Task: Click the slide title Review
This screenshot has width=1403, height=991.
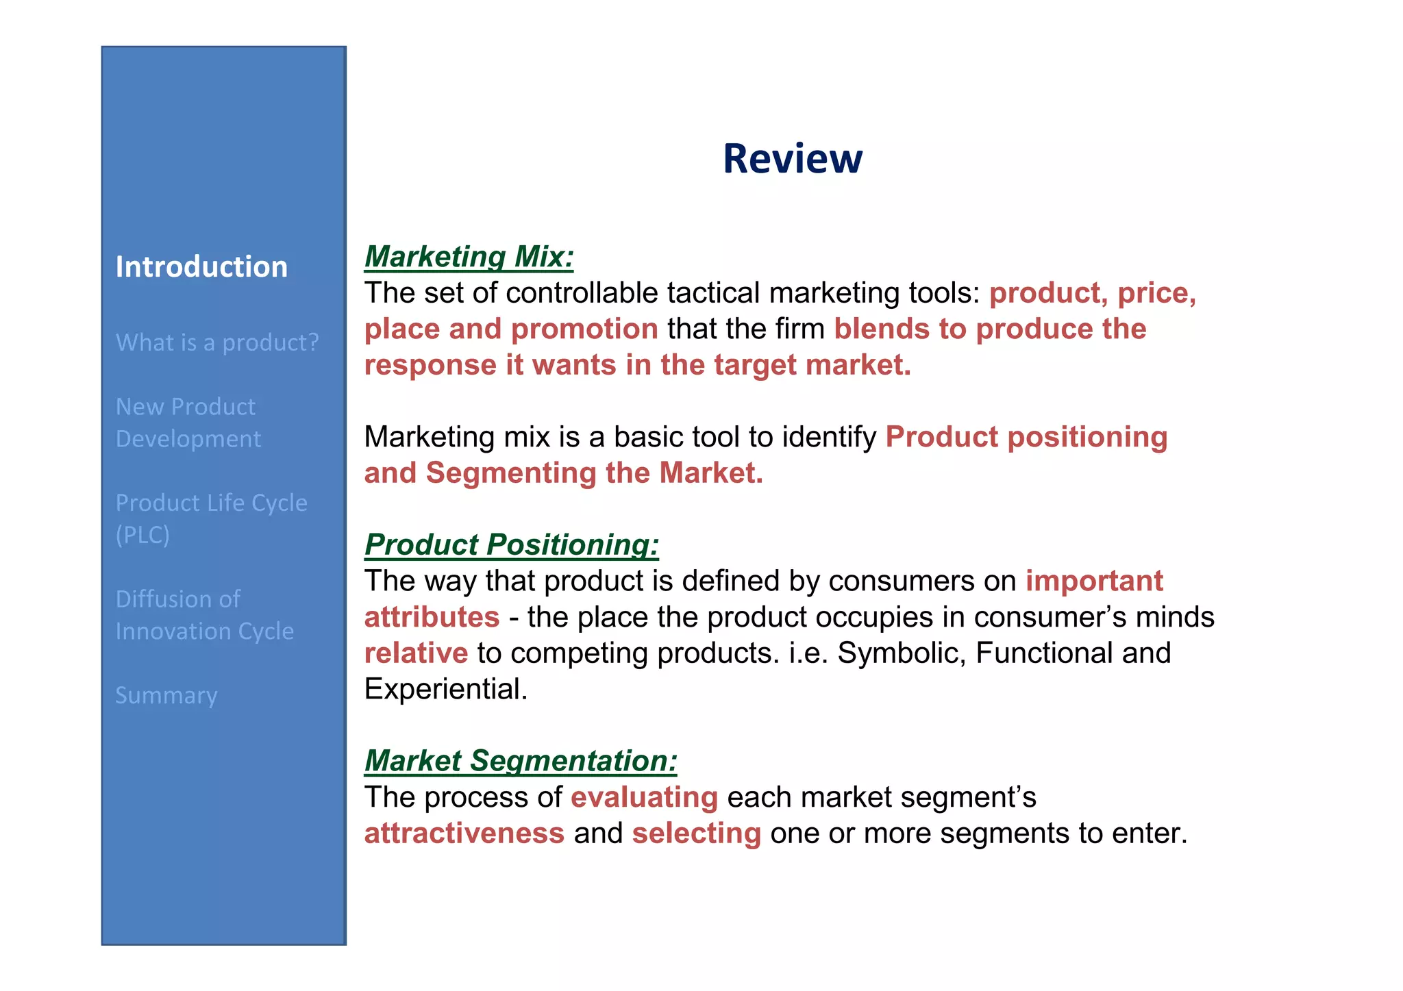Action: click(x=792, y=159)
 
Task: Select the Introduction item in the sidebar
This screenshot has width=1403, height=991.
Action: click(x=201, y=266)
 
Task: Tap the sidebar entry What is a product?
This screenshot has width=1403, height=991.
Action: click(x=217, y=342)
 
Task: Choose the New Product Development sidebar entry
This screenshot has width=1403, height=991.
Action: click(x=188, y=423)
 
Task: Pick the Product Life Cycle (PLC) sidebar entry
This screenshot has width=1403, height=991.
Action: click(x=211, y=518)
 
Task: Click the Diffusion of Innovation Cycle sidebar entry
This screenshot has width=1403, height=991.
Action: click(x=204, y=614)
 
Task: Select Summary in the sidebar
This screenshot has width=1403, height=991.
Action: click(x=166, y=695)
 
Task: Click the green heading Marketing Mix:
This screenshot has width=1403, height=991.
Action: click(x=469, y=257)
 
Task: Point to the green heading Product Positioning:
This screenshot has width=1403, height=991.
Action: click(x=511, y=545)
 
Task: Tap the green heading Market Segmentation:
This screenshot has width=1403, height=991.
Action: click(x=521, y=761)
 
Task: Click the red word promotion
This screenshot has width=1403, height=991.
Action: click(x=584, y=329)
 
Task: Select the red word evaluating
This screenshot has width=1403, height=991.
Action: click(x=644, y=798)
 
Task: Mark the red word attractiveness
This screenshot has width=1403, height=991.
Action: click(x=464, y=833)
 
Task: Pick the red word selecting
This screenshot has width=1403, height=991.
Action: click(x=696, y=833)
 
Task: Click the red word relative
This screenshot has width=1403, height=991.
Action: click(x=416, y=653)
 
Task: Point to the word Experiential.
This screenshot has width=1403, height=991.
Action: click(x=445, y=689)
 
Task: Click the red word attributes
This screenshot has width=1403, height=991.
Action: click(x=432, y=617)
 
